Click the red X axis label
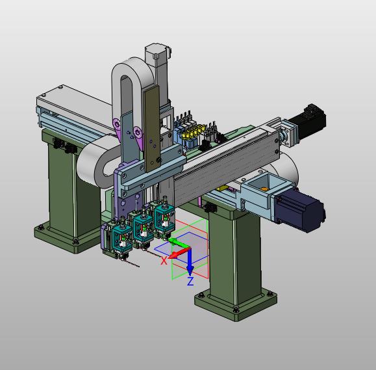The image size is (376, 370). (x=164, y=260)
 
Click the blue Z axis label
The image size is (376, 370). (x=190, y=281)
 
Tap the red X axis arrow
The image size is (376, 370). (x=179, y=254)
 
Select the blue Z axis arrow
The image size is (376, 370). (x=190, y=261)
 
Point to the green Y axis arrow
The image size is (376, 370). (x=179, y=243)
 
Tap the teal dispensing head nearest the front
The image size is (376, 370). (x=122, y=237)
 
